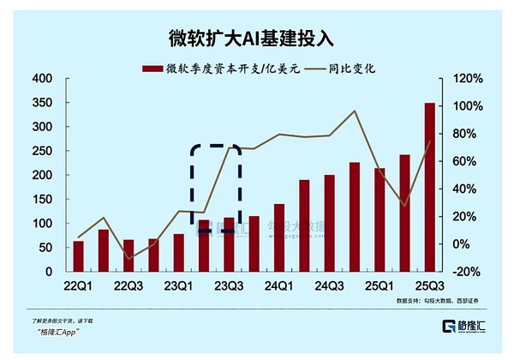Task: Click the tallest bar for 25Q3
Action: coord(430,187)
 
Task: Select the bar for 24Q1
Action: coord(279,237)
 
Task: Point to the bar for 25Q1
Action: coord(380,219)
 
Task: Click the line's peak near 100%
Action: coord(355,111)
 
